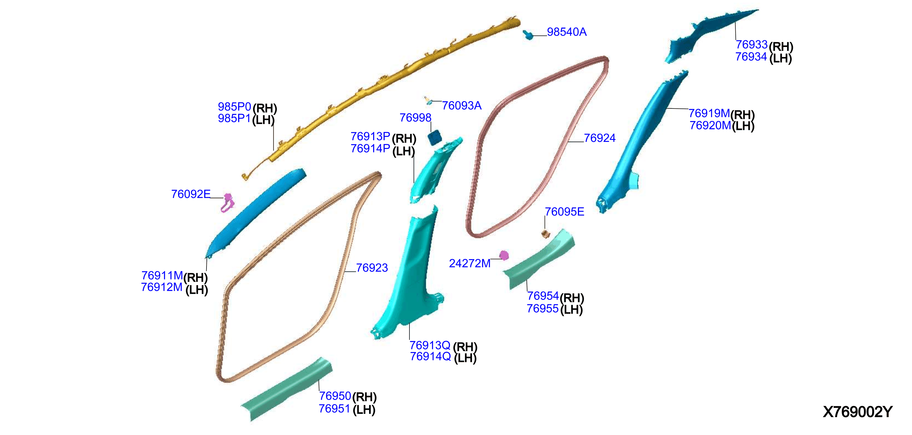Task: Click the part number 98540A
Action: pyautogui.click(x=566, y=32)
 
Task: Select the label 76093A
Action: pyautogui.click(x=462, y=106)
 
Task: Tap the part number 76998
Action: pyautogui.click(x=415, y=118)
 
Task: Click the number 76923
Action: pyautogui.click(x=372, y=268)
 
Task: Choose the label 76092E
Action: pyautogui.click(x=191, y=194)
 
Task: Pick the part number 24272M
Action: pyautogui.click(x=469, y=263)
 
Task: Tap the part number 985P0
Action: pyautogui.click(x=234, y=106)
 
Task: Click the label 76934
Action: pyautogui.click(x=751, y=57)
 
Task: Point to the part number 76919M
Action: pyautogui.click(x=709, y=113)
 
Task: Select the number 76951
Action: pyautogui.click(x=334, y=409)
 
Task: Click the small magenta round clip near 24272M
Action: pyautogui.click(x=504, y=255)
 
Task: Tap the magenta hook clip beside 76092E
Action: pyautogui.click(x=227, y=203)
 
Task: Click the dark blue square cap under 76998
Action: pyautogui.click(x=434, y=137)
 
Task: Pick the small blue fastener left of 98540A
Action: pyautogui.click(x=528, y=35)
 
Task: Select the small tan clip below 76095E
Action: pyautogui.click(x=546, y=234)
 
